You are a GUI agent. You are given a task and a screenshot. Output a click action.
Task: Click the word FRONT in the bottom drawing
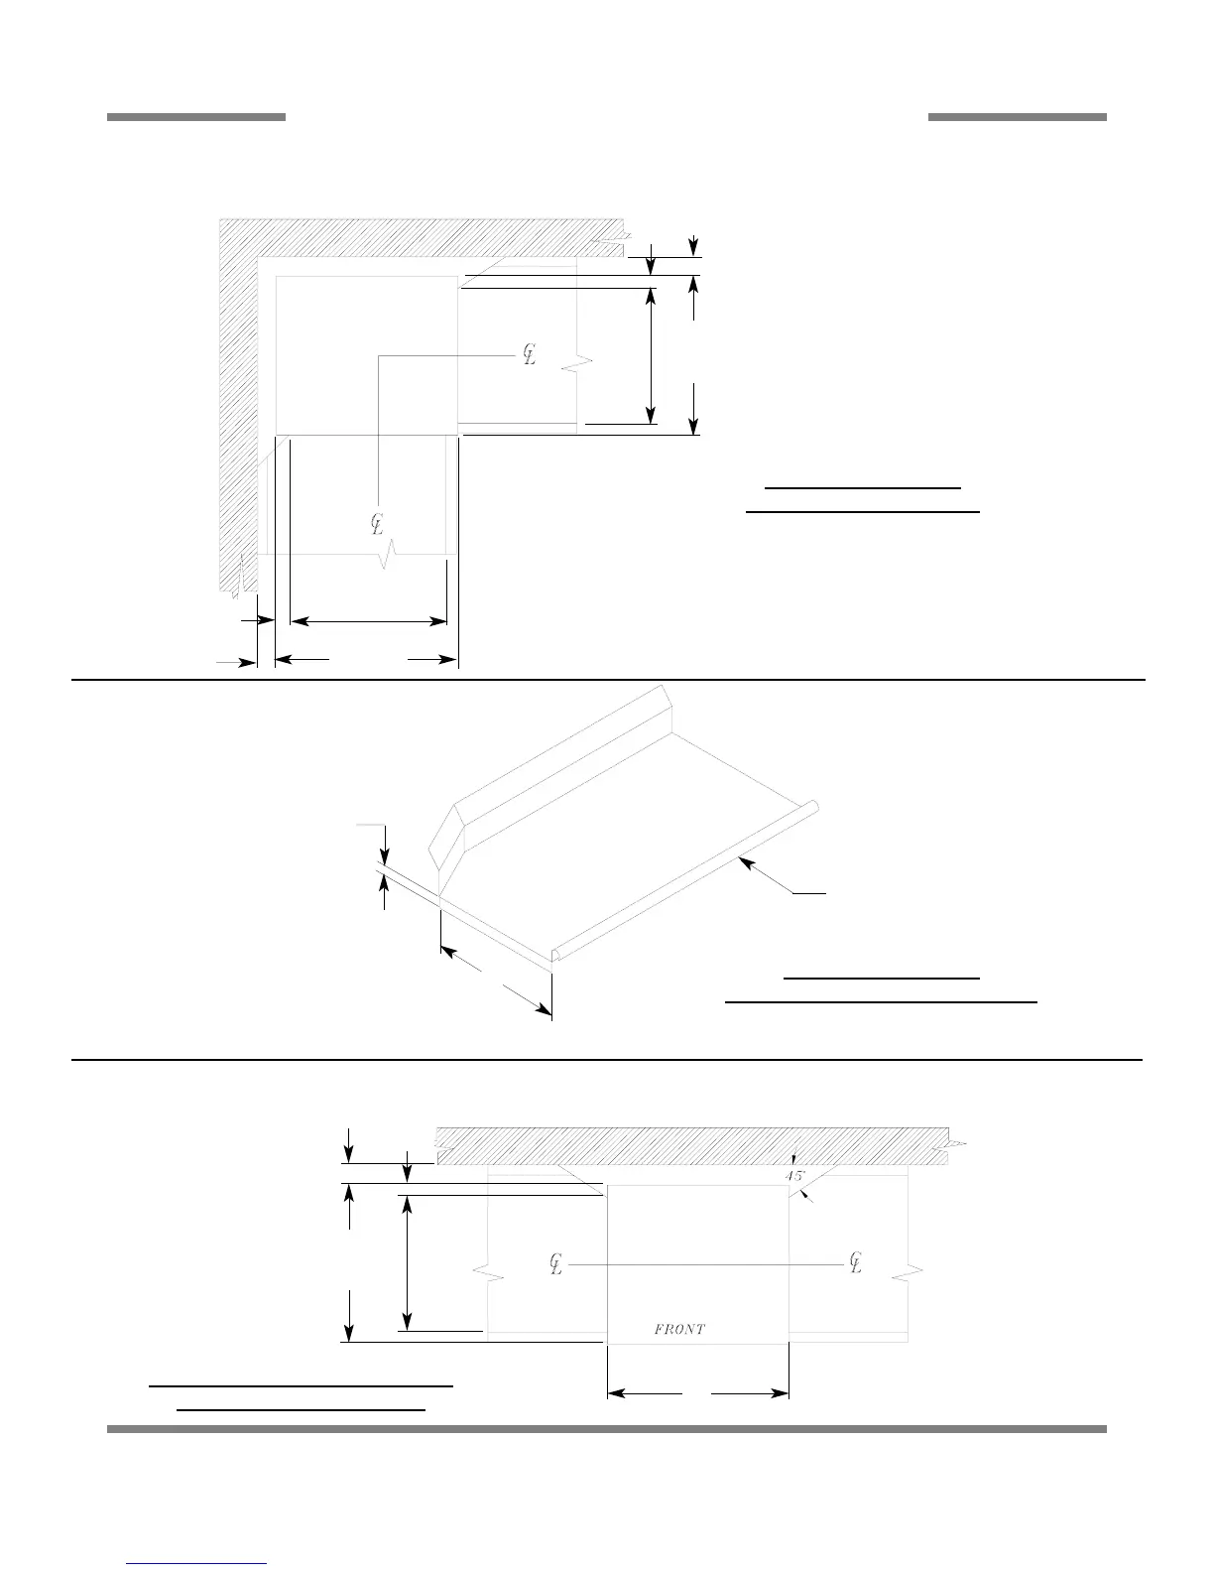(679, 1329)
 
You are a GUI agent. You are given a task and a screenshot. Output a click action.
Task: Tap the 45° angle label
(795, 1175)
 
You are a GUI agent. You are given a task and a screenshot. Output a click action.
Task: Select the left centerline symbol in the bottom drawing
(556, 1264)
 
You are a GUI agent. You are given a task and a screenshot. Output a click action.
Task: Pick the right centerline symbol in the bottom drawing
(856, 1263)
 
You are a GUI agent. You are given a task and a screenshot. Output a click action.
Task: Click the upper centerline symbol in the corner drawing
(530, 354)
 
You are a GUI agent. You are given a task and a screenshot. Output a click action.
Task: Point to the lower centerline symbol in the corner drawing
(377, 523)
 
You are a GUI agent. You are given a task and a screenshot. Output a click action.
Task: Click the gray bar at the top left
(196, 117)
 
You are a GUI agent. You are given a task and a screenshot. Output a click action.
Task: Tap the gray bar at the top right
(1017, 117)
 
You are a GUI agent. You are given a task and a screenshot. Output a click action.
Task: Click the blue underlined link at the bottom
(197, 1563)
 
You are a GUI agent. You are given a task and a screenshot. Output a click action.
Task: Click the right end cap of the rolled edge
(812, 808)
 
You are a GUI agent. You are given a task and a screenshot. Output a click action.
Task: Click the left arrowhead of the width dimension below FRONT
(614, 1394)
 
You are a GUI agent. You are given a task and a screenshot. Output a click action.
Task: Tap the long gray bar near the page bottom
(606, 1429)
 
